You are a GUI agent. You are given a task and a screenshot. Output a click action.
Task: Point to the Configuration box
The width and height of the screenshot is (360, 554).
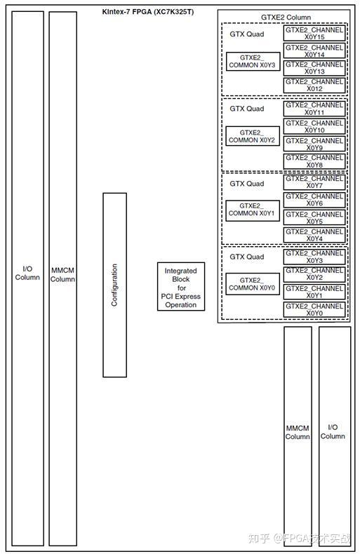pyautogui.click(x=114, y=285)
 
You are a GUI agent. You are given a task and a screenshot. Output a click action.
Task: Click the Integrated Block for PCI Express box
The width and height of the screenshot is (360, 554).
pyautogui.click(x=180, y=288)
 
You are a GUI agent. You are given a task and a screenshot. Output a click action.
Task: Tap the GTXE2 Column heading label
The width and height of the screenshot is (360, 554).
pyautogui.click(x=286, y=18)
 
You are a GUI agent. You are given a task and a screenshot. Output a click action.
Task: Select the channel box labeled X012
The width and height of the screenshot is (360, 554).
pyautogui.click(x=314, y=86)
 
